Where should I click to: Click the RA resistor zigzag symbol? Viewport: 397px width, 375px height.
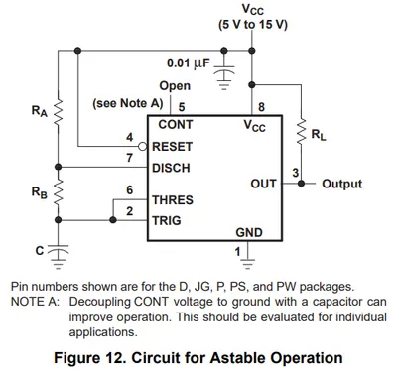59,112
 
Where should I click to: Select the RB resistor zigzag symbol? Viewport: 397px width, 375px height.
59,193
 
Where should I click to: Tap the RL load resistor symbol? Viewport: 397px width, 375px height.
302,132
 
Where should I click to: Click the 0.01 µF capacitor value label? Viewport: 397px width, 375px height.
189,63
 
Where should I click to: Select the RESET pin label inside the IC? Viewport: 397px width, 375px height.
172,147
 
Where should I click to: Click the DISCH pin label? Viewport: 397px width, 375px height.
171,168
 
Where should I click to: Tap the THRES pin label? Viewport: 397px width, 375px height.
173,200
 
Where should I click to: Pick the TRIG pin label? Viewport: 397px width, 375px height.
167,220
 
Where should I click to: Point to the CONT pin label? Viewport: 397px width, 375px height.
176,125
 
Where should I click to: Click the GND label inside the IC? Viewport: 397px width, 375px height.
249,232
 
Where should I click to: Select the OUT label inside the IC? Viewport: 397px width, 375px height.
263,184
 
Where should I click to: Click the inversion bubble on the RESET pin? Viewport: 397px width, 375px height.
143,146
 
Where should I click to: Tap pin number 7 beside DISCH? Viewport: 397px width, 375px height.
129,158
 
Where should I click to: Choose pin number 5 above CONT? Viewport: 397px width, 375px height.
182,107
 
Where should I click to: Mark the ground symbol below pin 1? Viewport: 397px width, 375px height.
248,262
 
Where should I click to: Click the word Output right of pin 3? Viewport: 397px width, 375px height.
342,184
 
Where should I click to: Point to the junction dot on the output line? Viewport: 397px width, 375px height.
301,184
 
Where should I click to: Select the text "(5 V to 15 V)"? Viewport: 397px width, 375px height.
253,25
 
